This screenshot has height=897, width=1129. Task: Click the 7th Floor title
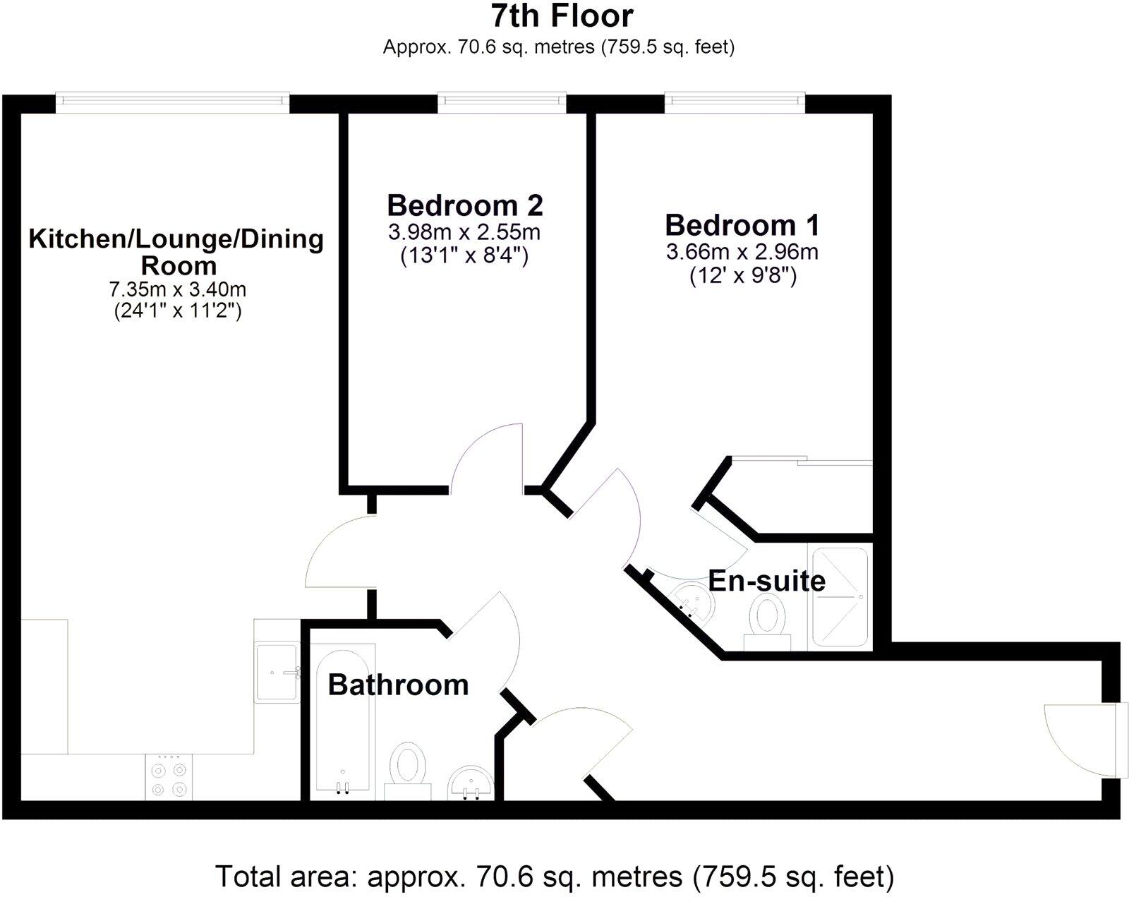562,16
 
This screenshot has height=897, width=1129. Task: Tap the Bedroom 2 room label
465,205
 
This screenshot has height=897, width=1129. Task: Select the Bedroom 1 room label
742,225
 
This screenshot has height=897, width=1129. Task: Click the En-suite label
766,581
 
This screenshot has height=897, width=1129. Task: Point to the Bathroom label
398,685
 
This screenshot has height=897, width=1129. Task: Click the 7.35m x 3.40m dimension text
177,289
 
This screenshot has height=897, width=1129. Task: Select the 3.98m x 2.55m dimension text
464,231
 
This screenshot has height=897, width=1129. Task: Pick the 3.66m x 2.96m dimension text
742,251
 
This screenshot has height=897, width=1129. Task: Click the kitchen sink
277,672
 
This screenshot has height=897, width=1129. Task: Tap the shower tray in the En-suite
840,597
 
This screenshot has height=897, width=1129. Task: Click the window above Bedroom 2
502,103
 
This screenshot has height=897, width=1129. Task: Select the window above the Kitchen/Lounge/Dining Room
172,103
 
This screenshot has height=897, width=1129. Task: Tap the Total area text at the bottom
555,877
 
